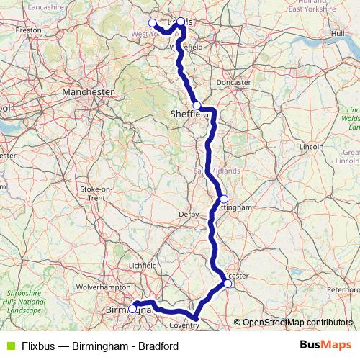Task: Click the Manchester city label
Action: click(88, 92)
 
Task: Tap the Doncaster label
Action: click(234, 83)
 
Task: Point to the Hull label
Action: click(338, 34)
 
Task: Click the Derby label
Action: click(188, 215)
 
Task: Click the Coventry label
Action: click(184, 325)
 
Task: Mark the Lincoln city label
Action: click(311, 146)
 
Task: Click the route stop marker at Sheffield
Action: click(197, 105)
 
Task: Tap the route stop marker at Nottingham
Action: click(224, 199)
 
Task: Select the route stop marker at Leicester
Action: click(228, 284)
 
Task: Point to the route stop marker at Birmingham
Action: click(133, 309)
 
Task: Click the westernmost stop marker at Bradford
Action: click(152, 22)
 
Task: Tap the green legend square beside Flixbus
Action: click(9, 345)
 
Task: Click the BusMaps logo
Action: click(325, 345)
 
